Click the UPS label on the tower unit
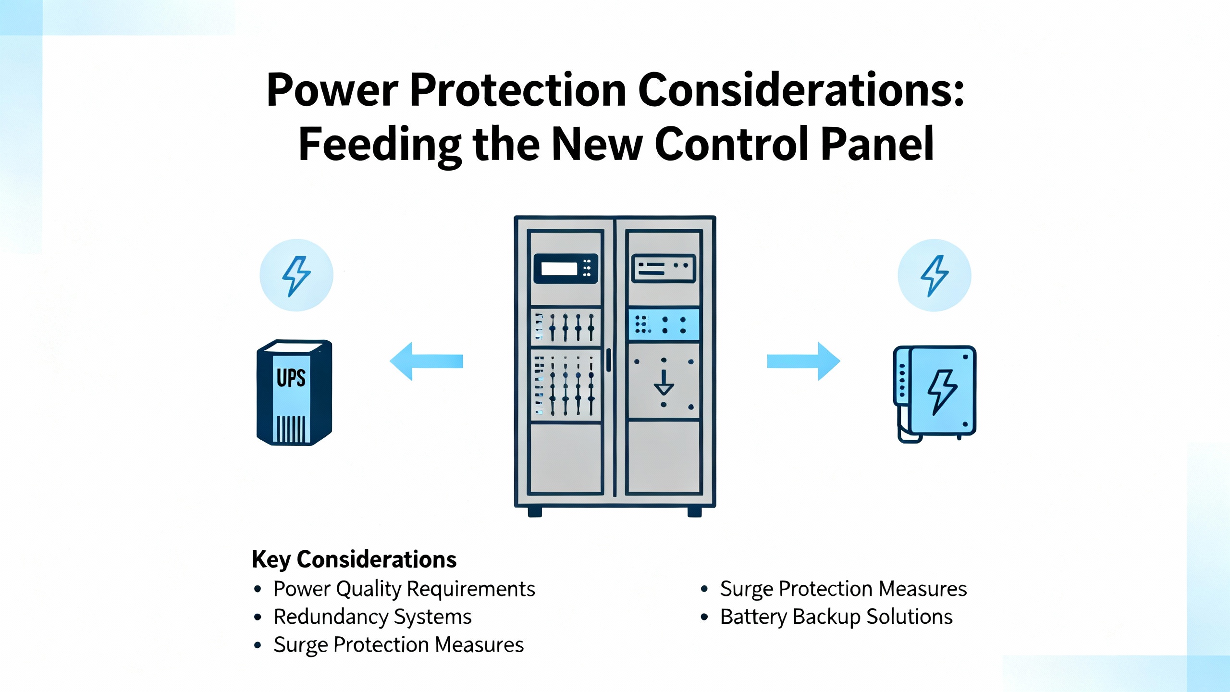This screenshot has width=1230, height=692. [291, 378]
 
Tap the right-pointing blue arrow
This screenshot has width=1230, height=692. [804, 361]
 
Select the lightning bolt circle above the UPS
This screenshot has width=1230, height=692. [296, 275]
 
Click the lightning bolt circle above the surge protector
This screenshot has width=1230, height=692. [934, 275]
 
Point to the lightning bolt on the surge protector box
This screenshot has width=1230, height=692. [942, 391]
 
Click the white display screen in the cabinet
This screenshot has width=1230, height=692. [559, 269]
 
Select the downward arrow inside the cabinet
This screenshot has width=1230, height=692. [664, 382]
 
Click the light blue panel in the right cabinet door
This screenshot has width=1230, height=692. [664, 325]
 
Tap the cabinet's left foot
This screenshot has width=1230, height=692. [535, 512]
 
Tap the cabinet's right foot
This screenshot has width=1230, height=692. [694, 512]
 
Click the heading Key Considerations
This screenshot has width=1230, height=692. [354, 559]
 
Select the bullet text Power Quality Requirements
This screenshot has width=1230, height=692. [404, 589]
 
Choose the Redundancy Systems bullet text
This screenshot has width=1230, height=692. [372, 617]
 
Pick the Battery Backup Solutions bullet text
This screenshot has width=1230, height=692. [836, 617]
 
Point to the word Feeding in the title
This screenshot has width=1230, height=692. [380, 144]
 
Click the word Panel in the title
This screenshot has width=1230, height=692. [877, 144]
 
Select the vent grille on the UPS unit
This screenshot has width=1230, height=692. [291, 429]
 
